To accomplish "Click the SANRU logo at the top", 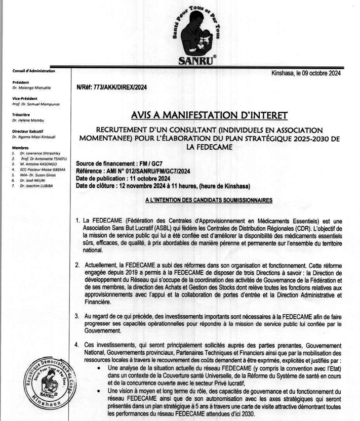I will coord(198,33).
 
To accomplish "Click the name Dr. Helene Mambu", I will coord(29,120).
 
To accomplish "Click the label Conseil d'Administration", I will coord(33,71).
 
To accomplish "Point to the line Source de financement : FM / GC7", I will coord(119,164).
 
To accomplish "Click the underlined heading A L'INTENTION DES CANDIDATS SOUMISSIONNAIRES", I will coord(209,200).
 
